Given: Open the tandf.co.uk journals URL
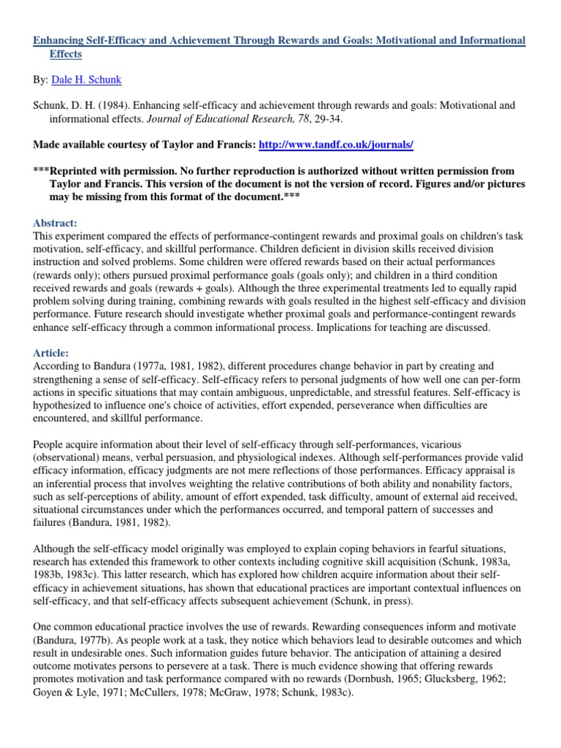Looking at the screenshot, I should pyautogui.click(x=337, y=145).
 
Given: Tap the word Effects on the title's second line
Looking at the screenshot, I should pyautogui.click(x=66, y=54).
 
